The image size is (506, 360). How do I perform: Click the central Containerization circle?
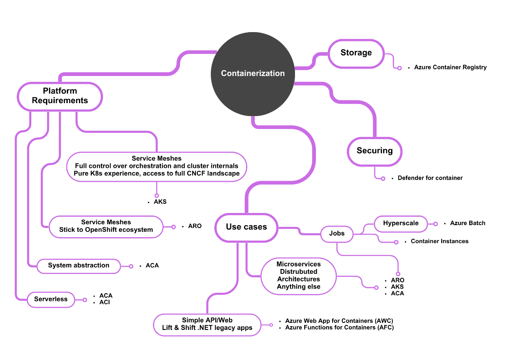(253, 74)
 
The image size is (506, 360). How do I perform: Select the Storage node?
(356, 53)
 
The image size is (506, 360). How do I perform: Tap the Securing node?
(374, 151)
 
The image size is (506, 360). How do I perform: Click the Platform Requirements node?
(60, 96)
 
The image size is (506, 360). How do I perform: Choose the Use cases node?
(246, 227)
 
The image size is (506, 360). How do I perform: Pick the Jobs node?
(337, 233)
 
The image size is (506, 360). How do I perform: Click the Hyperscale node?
(401, 223)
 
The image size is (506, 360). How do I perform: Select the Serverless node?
(51, 299)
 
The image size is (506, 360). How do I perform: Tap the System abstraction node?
(79, 266)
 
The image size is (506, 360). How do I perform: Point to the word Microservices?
(298, 264)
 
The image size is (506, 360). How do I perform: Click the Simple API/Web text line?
(207, 320)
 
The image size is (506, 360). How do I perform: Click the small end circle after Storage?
(399, 68)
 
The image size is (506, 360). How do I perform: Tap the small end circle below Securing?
(383, 179)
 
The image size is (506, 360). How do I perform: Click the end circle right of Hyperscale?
(435, 224)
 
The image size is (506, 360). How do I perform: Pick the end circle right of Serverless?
(85, 299)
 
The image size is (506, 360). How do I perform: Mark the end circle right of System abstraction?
(131, 266)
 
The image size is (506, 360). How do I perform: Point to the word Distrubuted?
(298, 271)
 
